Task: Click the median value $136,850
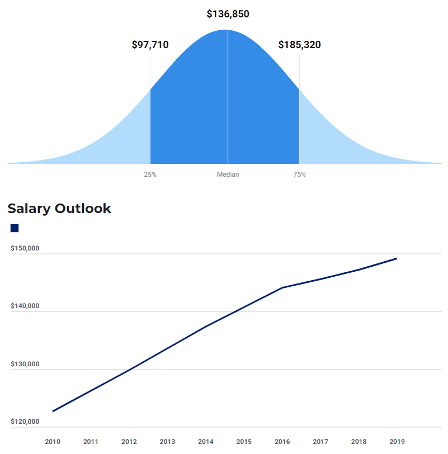tap(228, 14)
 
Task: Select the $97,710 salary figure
tap(150, 45)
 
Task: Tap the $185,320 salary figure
tap(299, 45)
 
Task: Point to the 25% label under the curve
tap(150, 174)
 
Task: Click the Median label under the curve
tap(228, 174)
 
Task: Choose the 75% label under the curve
tap(299, 174)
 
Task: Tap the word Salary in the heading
tap(29, 209)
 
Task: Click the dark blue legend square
tap(15, 228)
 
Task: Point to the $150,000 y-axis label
tap(25, 248)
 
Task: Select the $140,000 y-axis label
tap(25, 306)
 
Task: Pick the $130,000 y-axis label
tap(25, 364)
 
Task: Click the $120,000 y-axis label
tap(25, 422)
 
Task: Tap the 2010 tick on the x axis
tap(53, 442)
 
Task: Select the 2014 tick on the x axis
tap(206, 442)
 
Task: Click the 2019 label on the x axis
tap(397, 442)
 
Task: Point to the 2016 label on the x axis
tap(282, 442)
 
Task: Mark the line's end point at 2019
tap(397, 258)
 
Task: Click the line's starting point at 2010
tap(53, 412)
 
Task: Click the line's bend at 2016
tap(282, 287)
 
